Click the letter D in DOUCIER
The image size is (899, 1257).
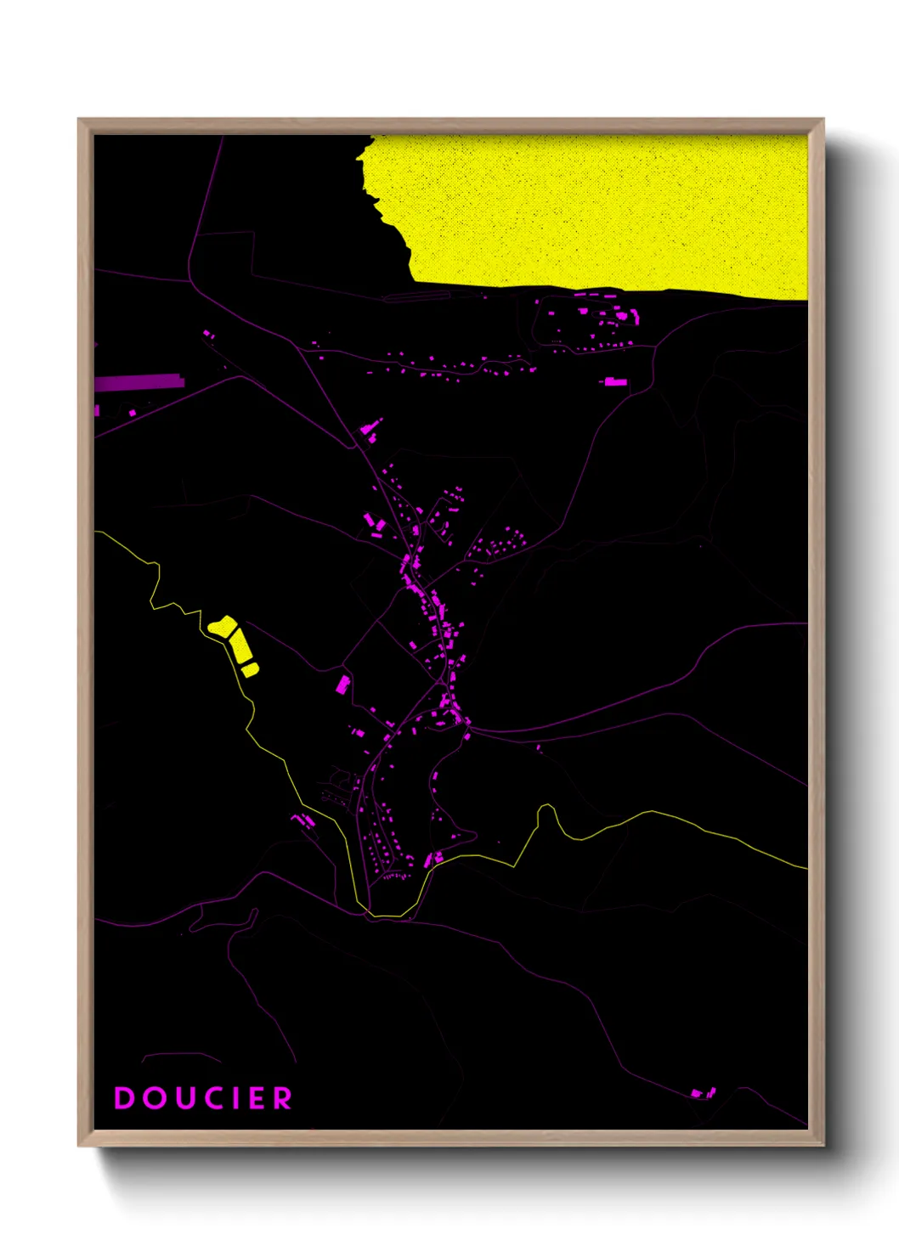coord(125,1098)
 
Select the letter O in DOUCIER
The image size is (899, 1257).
coord(154,1098)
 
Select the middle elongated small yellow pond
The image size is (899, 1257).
coord(240,646)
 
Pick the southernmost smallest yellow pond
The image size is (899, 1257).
coord(250,670)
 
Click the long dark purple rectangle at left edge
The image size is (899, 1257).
coord(139,382)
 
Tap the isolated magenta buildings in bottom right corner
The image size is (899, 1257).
coord(704,1092)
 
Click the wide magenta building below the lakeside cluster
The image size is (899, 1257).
coord(615,382)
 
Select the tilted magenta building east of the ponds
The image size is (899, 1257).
coord(343,684)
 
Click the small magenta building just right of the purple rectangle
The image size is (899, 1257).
coord(133,413)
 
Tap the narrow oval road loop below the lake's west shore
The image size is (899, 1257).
coord(416,296)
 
